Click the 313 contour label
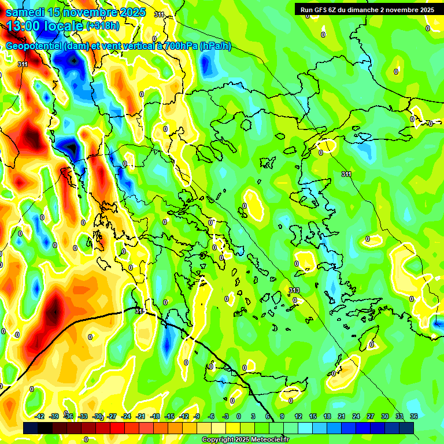click(294, 290)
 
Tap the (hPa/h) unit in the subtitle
click(215, 46)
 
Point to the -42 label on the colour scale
click(40, 416)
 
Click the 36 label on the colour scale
click(414, 416)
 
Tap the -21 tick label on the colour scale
click(140, 416)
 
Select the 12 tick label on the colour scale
click(298, 416)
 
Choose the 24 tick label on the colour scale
click(356, 416)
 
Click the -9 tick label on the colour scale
click(198, 416)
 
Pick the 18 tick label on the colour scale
click(327, 416)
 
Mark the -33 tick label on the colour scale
click(83, 416)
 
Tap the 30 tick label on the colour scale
click(385, 416)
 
